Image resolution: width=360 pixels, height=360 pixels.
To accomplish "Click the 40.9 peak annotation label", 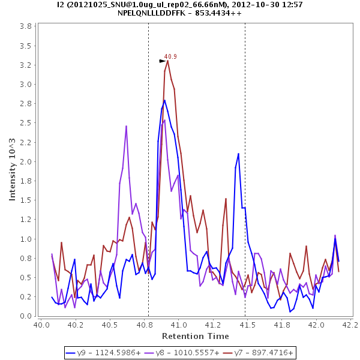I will click(170, 56).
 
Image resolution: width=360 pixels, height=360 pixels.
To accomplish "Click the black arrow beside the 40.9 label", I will click(162, 61).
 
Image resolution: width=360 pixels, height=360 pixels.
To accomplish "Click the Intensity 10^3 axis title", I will click(13, 170).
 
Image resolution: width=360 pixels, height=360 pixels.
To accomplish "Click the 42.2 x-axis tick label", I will click(350, 325).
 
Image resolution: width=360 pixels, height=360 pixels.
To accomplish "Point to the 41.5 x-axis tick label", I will click(247, 325).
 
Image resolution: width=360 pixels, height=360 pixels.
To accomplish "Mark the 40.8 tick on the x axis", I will click(144, 325).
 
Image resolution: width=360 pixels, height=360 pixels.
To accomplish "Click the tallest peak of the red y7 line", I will click(167, 60).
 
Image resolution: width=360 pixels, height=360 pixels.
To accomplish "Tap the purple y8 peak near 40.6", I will click(126, 126).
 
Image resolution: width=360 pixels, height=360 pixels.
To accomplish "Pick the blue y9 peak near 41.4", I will click(238, 154).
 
